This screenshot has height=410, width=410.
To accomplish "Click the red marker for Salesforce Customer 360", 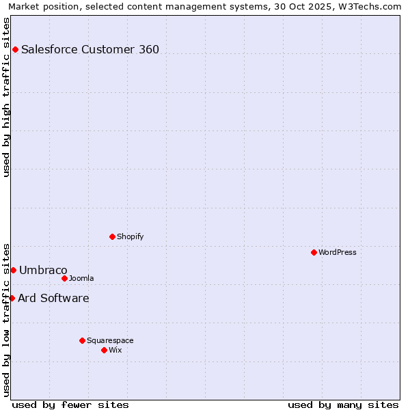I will point(15,49).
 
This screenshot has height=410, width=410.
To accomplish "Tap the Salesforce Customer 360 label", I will point(90,49).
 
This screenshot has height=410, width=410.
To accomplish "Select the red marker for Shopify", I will point(112,236).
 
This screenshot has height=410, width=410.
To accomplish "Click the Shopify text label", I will point(130,236).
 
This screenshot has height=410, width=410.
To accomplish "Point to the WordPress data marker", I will point(314,252).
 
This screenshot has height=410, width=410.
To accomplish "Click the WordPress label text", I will point(337,252).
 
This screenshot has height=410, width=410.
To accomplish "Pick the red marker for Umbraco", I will point(13,270).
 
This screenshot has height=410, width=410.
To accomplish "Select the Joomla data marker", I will point(64,278).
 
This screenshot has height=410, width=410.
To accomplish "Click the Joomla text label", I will point(81,278).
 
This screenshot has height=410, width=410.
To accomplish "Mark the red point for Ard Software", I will point(12,298).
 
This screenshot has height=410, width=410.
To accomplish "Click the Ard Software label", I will point(53,298).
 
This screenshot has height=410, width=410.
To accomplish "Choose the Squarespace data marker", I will point(82,340).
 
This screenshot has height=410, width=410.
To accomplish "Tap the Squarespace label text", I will point(110,340).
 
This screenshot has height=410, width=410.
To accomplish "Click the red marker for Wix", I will point(104,350).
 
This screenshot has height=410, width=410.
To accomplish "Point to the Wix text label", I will point(115,350).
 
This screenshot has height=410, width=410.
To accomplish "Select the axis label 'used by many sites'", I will point(343,405).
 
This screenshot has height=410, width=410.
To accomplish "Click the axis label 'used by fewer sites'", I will point(70,405).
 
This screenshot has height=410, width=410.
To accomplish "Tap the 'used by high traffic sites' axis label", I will point(7,97).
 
